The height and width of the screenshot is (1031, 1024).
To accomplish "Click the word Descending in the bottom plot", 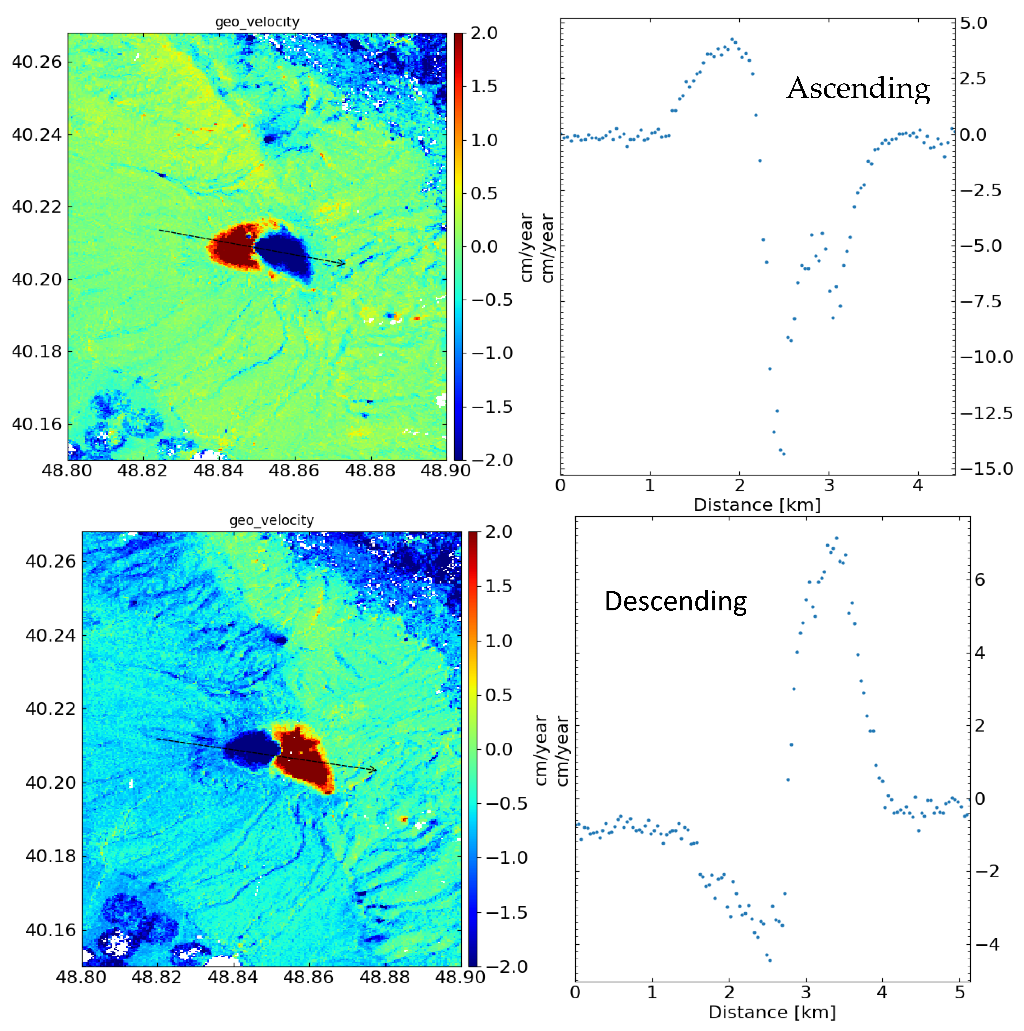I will tap(676, 602).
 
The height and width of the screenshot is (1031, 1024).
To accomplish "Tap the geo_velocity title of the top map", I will tap(257, 22).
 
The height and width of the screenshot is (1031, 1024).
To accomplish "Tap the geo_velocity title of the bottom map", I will tap(272, 520).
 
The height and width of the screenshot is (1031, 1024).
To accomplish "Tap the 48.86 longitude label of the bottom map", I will tap(308, 977).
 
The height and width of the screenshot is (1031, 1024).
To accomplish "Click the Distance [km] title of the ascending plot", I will tap(757, 505).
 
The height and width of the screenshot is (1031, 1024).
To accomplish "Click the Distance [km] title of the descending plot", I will tap(772, 1012).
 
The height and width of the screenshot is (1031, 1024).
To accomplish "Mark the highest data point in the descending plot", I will tap(836, 538).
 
